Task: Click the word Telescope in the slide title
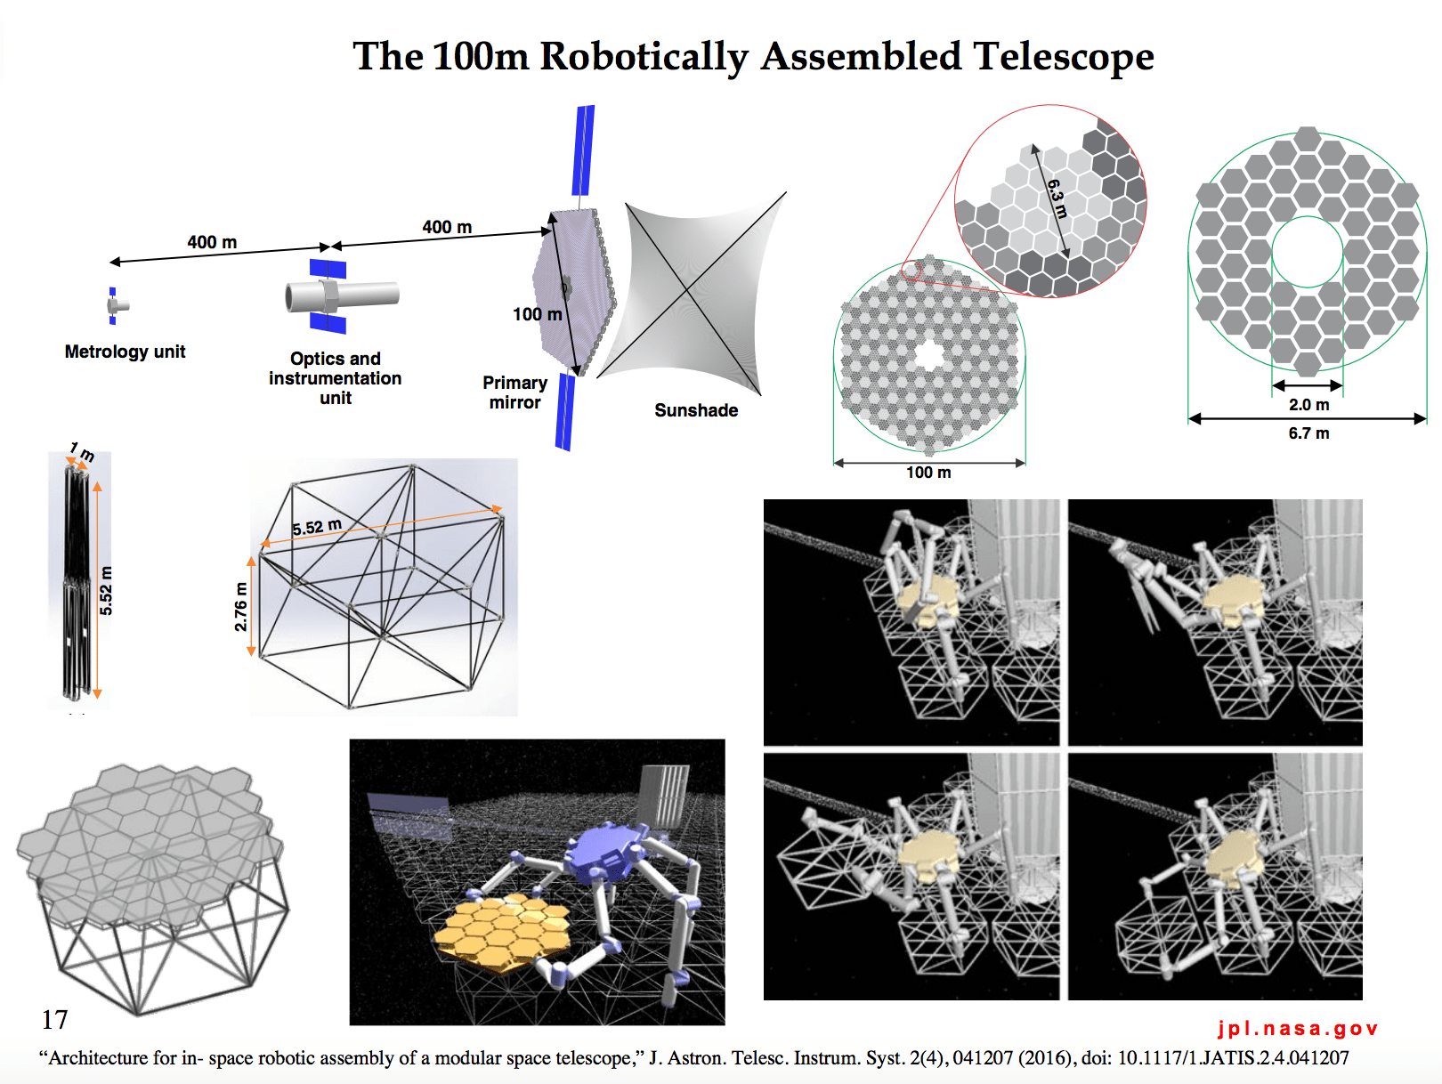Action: [1063, 57]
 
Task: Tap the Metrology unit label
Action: [125, 352]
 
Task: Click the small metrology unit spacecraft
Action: [116, 305]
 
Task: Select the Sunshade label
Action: [696, 410]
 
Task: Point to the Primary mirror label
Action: [514, 392]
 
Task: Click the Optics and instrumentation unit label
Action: [336, 378]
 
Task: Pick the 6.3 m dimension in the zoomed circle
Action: [1057, 198]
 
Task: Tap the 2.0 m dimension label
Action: [1308, 405]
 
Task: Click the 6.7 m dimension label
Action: [1308, 433]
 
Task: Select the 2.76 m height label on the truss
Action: [240, 607]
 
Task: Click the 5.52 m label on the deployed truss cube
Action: [317, 527]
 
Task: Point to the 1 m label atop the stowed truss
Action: [83, 453]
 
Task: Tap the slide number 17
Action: [54, 1019]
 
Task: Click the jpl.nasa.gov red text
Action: [1298, 1029]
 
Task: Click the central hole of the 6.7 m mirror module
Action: [1307, 251]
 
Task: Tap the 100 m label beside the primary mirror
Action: [537, 314]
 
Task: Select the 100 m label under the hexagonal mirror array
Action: [928, 473]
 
